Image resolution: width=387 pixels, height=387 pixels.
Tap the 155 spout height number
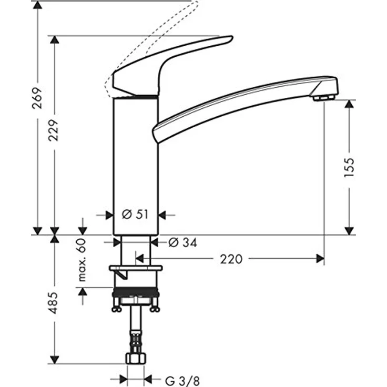pyautogui.click(x=349, y=167)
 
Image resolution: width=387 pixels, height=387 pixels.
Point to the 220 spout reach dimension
pyautogui.click(x=231, y=259)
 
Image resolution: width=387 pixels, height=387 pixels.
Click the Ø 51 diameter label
pyautogui.click(x=136, y=215)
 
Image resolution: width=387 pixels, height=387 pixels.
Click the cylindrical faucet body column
pyautogui.click(x=136, y=163)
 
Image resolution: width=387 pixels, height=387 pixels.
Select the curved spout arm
pyautogui.click(x=242, y=103)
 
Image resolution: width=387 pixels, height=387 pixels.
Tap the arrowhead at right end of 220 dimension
pyautogui.click(x=319, y=258)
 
